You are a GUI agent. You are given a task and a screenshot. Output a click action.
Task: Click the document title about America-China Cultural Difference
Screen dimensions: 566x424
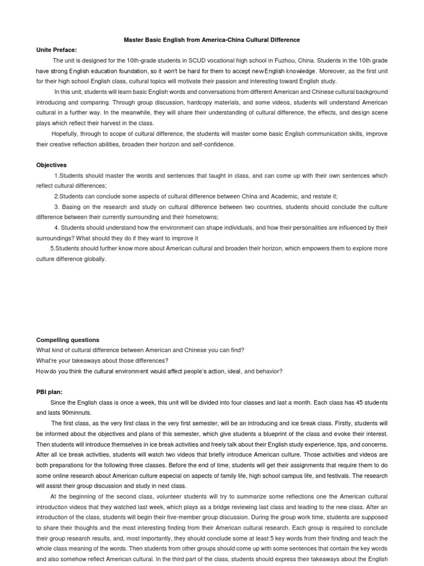click(x=211, y=40)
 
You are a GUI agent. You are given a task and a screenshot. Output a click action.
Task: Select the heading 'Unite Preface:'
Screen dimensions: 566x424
click(x=57, y=50)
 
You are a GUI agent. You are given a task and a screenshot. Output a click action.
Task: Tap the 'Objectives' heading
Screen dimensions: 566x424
click(x=51, y=165)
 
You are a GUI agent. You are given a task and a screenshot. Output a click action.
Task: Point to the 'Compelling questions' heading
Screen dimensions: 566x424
click(x=68, y=340)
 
